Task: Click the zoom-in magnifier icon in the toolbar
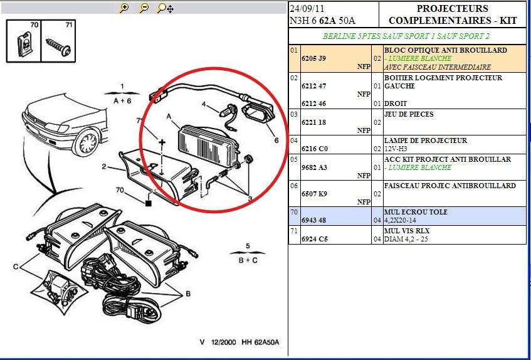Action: tap(124, 8)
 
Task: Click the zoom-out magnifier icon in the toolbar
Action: tap(144, 8)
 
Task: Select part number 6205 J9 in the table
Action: tap(313, 58)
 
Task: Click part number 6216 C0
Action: tap(315, 149)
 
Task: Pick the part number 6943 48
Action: tap(313, 220)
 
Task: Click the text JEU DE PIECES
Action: tap(409, 114)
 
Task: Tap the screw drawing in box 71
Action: tap(58, 46)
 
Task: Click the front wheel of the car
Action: tap(87, 142)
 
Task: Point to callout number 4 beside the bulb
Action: tap(204, 104)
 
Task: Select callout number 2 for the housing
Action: tap(104, 166)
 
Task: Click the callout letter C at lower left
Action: tap(16, 267)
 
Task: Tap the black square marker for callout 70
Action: tap(148, 203)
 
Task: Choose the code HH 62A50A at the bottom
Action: tap(260, 342)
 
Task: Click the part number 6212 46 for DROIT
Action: tap(313, 103)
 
